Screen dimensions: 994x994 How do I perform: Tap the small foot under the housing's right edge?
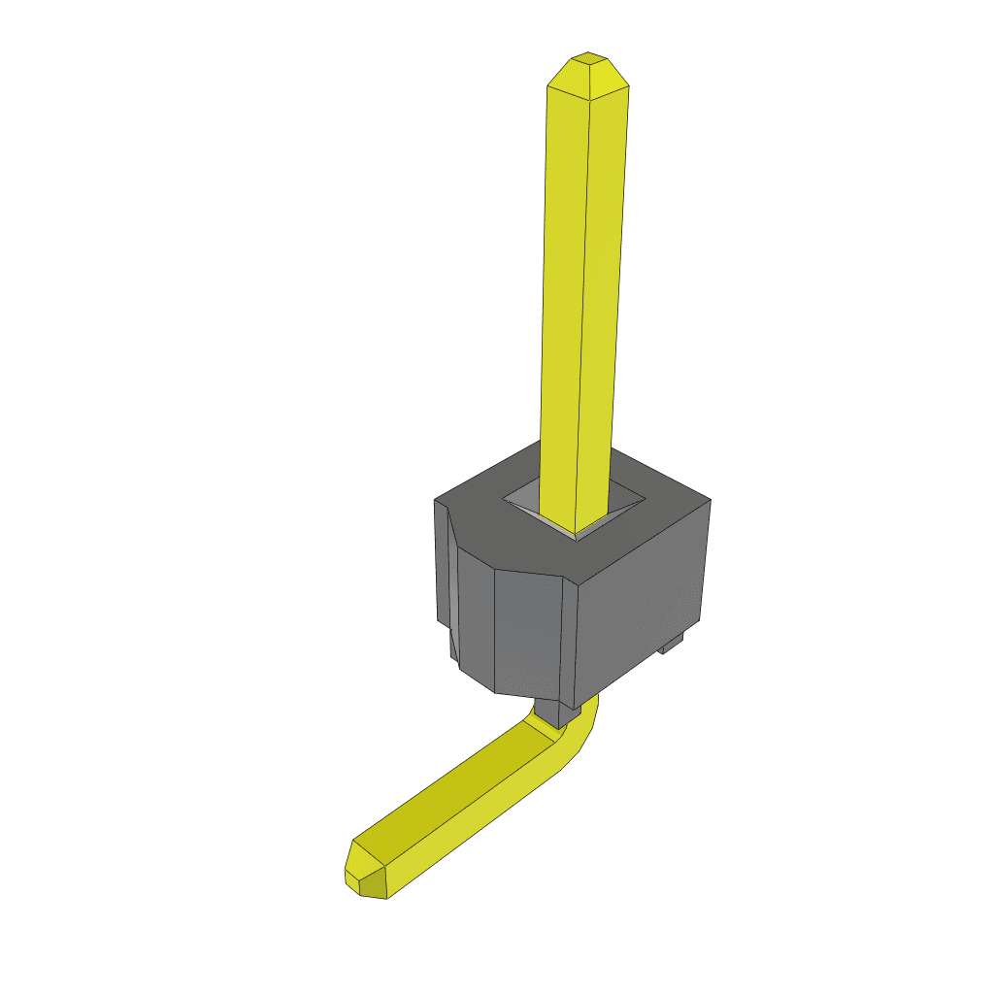click(x=672, y=645)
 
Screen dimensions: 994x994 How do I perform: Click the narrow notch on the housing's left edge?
click(x=450, y=592)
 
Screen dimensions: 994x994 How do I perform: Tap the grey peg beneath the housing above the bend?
click(x=553, y=714)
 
